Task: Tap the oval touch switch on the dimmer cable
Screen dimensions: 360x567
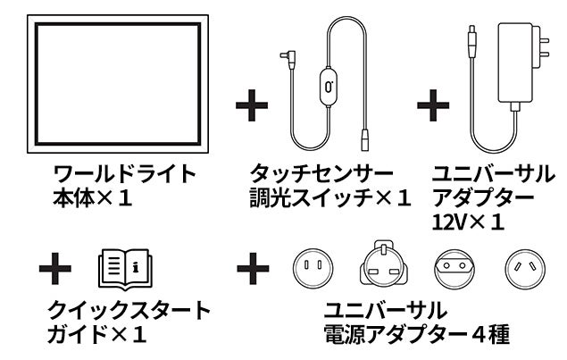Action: [x=329, y=88]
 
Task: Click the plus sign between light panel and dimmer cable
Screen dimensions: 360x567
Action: [x=251, y=105]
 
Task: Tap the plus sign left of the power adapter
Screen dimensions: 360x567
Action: [x=433, y=105]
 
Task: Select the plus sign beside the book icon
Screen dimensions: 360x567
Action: [x=56, y=265]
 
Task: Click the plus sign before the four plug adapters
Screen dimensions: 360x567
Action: [x=253, y=265]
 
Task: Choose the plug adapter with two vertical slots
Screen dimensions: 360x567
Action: [x=313, y=265]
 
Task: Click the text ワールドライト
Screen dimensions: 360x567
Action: [x=124, y=172]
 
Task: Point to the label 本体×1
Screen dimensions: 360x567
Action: [x=92, y=197]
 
